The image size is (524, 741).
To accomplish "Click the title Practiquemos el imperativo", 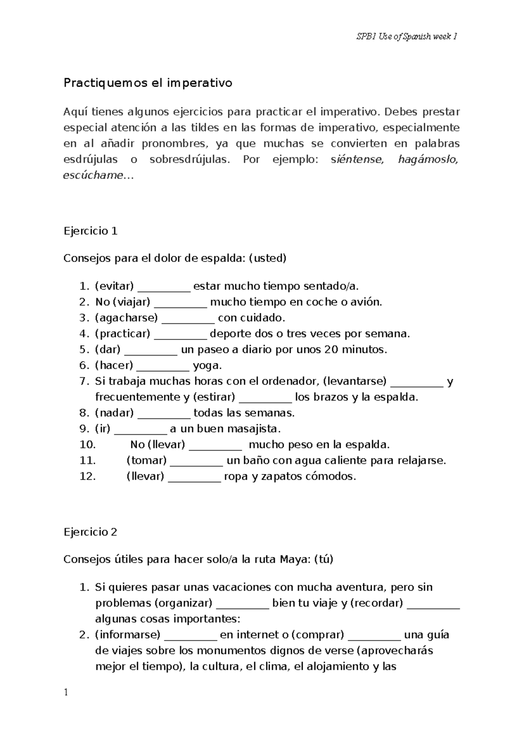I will [148, 83].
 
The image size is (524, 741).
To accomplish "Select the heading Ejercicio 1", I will [90, 231].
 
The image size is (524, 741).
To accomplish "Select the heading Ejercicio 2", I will [90, 532].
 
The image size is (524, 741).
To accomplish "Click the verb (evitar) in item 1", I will [114, 286].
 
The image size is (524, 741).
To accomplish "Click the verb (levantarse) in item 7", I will [355, 381].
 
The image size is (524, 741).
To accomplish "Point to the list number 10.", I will [87, 445].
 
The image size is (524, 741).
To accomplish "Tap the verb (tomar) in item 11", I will [146, 461].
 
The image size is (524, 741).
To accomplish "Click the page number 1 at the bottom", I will [66, 693].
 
